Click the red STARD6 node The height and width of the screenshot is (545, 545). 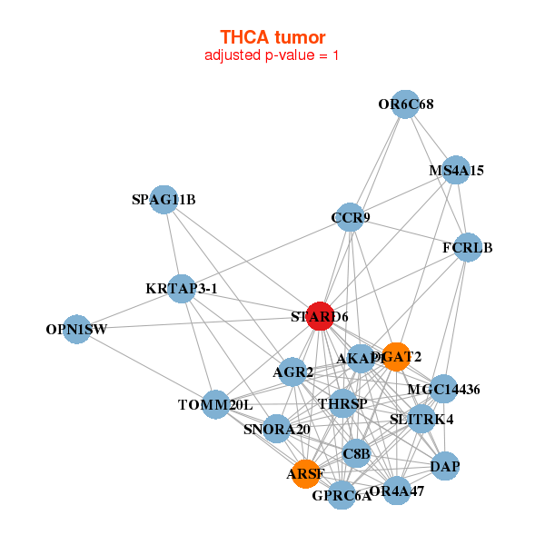[x=320, y=316]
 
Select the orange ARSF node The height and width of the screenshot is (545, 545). [x=305, y=473]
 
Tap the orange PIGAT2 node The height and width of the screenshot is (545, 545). [x=396, y=356]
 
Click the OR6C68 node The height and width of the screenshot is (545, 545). [x=406, y=104]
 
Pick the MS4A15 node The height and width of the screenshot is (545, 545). [x=456, y=171]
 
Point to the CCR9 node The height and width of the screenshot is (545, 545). [x=351, y=217]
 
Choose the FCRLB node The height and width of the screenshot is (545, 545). [x=467, y=247]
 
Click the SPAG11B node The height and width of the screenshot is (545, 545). [x=163, y=200]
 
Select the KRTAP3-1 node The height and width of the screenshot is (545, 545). [x=182, y=289]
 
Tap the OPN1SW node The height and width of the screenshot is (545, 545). [x=76, y=330]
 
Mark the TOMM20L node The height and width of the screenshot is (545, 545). [x=215, y=404]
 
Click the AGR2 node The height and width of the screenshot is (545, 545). [x=293, y=372]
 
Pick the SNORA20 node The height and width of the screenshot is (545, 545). [x=277, y=429]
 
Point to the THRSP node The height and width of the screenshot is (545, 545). [x=342, y=402]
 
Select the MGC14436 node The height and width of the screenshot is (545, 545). [x=443, y=390]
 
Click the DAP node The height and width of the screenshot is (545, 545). [x=445, y=467]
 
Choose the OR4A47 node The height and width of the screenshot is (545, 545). [x=397, y=491]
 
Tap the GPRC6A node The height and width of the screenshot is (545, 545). [x=342, y=495]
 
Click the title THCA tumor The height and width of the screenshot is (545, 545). [x=272, y=37]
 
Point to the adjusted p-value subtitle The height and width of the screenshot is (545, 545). [x=272, y=55]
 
